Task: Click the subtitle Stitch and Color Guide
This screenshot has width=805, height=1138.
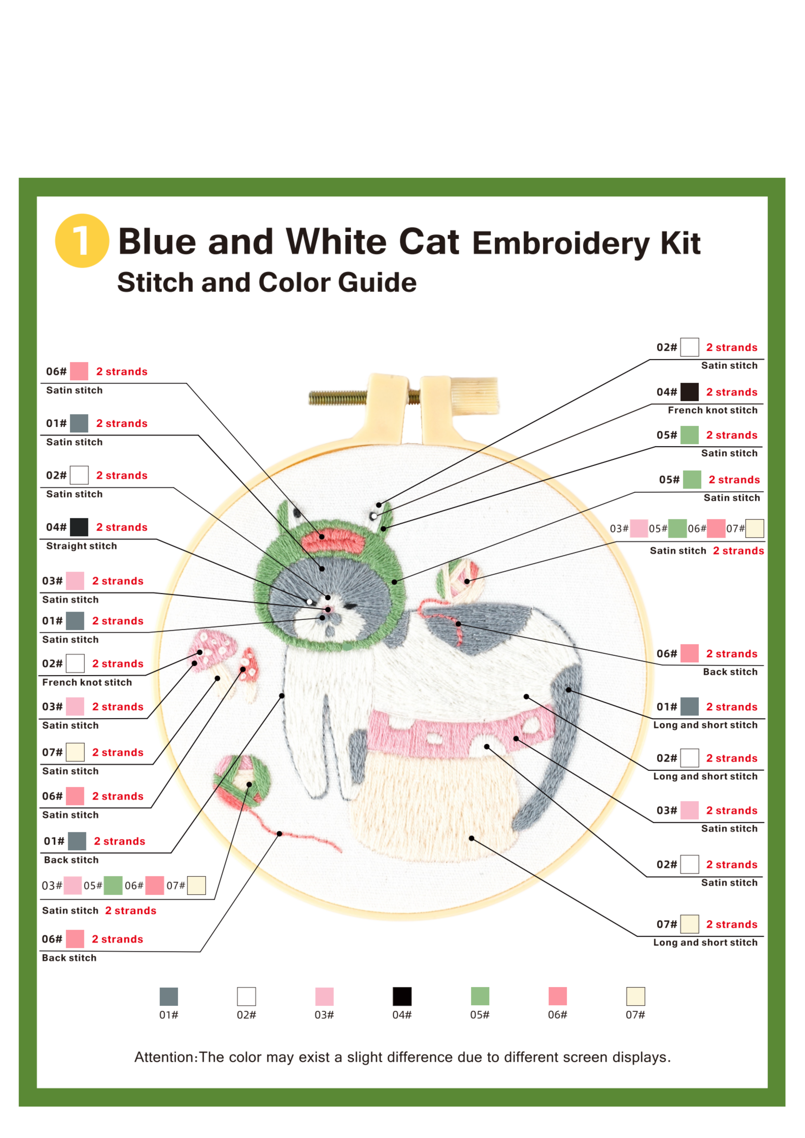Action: tap(267, 283)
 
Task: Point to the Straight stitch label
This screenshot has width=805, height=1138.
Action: tap(81, 546)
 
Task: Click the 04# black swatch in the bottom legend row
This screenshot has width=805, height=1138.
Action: tap(402, 996)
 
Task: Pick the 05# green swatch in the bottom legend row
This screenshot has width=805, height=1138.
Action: tap(480, 996)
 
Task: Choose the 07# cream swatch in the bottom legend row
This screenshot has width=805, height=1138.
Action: tap(635, 996)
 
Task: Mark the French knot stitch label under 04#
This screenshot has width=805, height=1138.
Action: tap(712, 410)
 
